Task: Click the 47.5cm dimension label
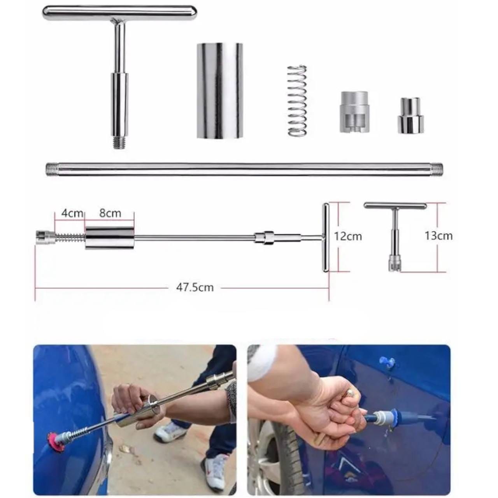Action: click(x=195, y=288)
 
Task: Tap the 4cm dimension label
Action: click(x=72, y=214)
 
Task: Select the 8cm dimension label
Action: click(x=110, y=213)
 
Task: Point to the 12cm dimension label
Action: click(x=348, y=236)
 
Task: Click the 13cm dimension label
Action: click(x=438, y=236)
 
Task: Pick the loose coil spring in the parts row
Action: click(x=297, y=100)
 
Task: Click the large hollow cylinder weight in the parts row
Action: click(x=219, y=90)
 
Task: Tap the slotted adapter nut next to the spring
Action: click(x=354, y=112)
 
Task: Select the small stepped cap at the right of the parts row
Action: click(x=410, y=116)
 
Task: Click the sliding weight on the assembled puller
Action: click(x=110, y=238)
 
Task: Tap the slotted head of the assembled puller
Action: click(x=45, y=237)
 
